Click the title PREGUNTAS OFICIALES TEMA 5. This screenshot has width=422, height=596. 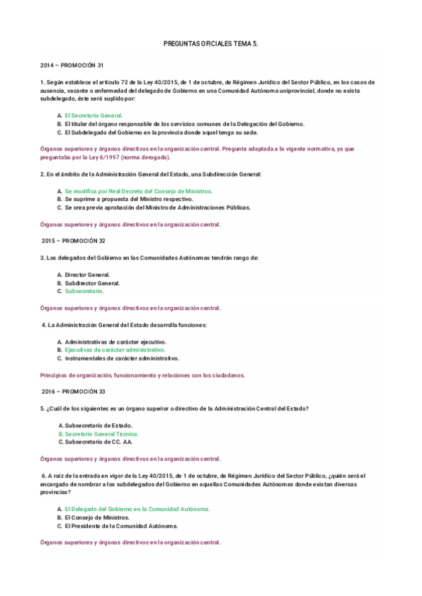pyautogui.click(x=211, y=44)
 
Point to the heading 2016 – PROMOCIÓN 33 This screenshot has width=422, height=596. pyautogui.click(x=72, y=391)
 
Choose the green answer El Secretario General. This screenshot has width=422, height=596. pyautogui.click(x=94, y=115)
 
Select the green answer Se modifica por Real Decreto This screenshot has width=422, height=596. pyautogui.click(x=138, y=191)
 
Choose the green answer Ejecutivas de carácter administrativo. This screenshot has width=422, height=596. pyautogui.click(x=115, y=349)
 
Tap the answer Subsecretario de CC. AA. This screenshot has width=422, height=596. pyautogui.click(x=98, y=442)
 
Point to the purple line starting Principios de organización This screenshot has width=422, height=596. pyautogui.click(x=143, y=375)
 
